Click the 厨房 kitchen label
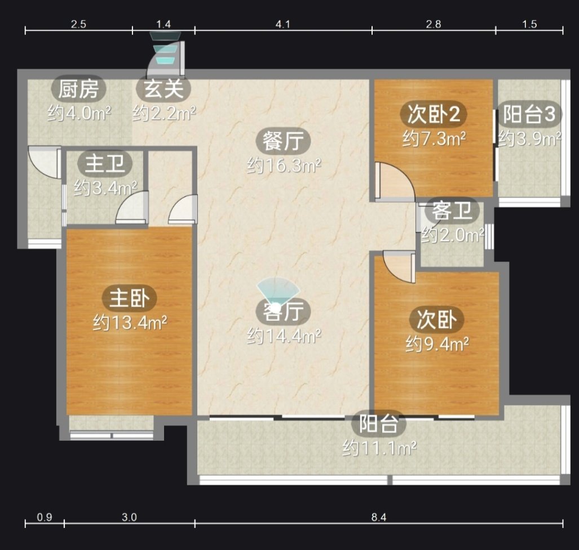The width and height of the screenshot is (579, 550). (x=78, y=89)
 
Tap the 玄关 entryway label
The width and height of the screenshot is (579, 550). (x=163, y=89)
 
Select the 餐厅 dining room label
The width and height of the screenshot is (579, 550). (x=283, y=141)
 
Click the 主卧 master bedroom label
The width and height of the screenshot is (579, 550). (x=130, y=298)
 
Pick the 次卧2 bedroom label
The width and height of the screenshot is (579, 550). (x=434, y=114)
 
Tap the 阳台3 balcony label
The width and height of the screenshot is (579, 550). (x=529, y=114)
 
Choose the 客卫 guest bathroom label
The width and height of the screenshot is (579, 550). (x=452, y=211)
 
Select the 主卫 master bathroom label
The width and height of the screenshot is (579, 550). (x=105, y=164)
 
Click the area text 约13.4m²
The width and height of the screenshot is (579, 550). (x=130, y=323)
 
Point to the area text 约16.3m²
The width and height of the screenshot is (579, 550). (x=284, y=166)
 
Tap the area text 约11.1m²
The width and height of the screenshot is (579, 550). (x=379, y=448)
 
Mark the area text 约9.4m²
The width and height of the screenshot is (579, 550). (x=437, y=345)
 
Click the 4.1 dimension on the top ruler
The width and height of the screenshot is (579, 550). (x=283, y=24)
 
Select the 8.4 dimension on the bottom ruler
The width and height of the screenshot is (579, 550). (x=379, y=517)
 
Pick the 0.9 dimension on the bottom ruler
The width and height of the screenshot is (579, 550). (x=45, y=517)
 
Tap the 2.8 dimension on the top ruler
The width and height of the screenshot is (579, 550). (x=433, y=24)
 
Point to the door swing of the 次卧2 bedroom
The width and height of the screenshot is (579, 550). (x=395, y=180)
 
